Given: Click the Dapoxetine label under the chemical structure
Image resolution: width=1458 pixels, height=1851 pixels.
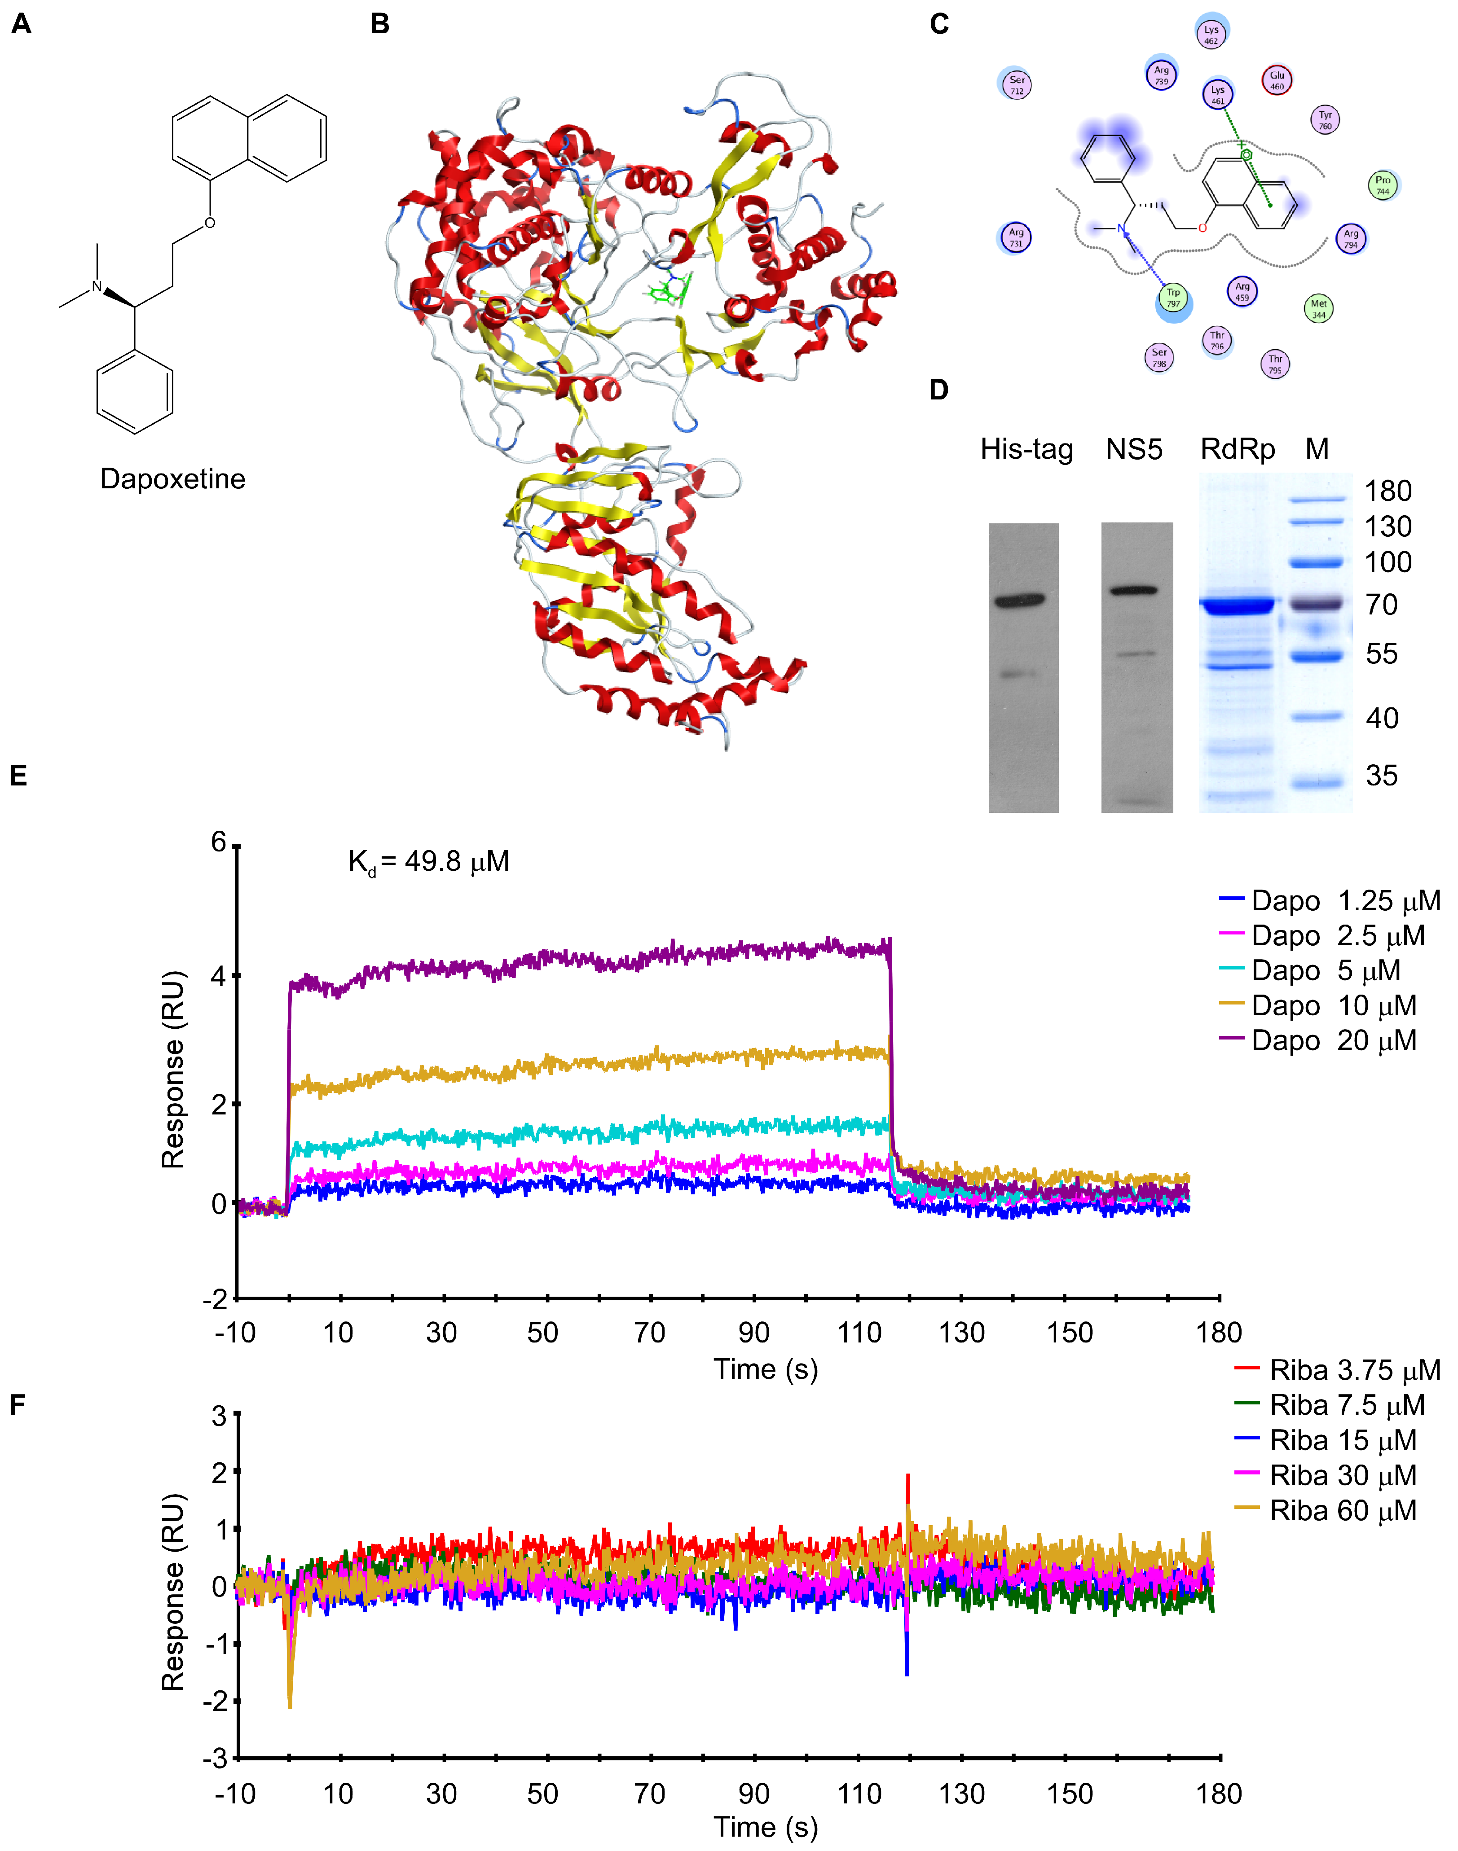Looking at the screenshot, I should coord(172,479).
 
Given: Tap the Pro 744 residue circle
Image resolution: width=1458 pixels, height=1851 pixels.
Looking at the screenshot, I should coord(1382,185).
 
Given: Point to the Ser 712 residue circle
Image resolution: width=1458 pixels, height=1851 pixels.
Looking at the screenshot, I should coord(1016,84).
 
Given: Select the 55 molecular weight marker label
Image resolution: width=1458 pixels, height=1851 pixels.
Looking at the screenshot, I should coord(1381,654).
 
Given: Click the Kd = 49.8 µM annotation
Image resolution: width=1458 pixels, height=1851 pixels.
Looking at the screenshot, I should coord(428,862).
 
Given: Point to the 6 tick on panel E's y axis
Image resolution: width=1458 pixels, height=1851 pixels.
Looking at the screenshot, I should coord(220,843).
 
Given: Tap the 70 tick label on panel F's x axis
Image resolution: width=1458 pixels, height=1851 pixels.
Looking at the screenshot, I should coord(650,1794).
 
